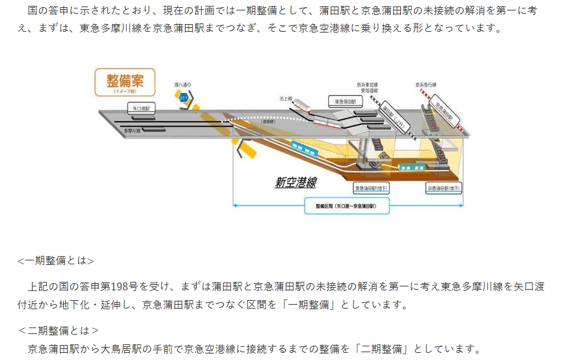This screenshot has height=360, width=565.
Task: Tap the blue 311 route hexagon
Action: (x=184, y=98)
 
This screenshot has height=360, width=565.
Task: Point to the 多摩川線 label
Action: (x=133, y=131)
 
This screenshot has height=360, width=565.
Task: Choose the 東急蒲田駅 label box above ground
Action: (x=344, y=102)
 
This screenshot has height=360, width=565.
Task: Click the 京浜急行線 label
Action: (x=426, y=85)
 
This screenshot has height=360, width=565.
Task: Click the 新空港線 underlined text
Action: (x=295, y=183)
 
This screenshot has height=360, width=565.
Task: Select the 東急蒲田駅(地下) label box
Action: (x=372, y=188)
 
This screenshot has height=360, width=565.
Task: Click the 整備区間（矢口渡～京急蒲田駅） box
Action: (x=348, y=206)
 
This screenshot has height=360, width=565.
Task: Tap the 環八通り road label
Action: (x=183, y=85)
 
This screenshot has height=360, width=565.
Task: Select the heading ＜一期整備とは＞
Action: (x=55, y=261)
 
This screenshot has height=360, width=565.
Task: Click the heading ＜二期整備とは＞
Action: (x=58, y=330)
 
